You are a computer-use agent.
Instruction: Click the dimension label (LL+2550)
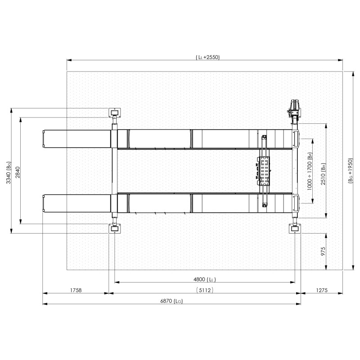pyautogui.click(x=208, y=57)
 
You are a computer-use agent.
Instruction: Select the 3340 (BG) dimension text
pyautogui.click(x=9, y=173)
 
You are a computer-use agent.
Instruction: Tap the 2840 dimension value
pyautogui.click(x=18, y=172)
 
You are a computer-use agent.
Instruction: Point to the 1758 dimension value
pyautogui.click(x=76, y=290)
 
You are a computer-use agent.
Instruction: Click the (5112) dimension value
pyautogui.click(x=205, y=290)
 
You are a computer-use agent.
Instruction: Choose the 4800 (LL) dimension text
pyautogui.click(x=205, y=279)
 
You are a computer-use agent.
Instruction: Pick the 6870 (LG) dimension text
pyautogui.click(x=171, y=301)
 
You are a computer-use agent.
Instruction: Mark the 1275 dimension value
pyautogui.click(x=322, y=290)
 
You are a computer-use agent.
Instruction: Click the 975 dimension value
pyautogui.click(x=323, y=252)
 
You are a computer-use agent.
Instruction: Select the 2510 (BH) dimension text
pyautogui.click(x=323, y=174)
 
